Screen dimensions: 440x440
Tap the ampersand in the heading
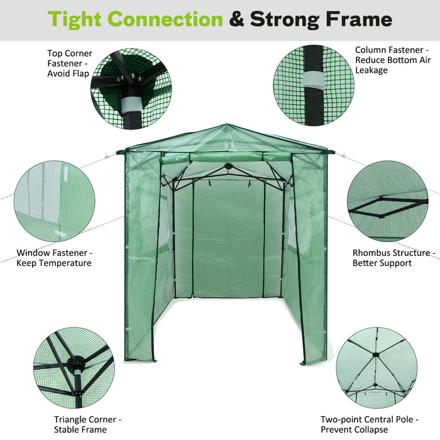pyautogui.click(x=236, y=19)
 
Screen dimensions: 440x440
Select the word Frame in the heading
pyautogui.click(x=358, y=19)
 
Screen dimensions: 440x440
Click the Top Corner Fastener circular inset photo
pyautogui.click(x=131, y=88)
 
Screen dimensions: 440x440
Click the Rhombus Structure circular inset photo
pyautogui.click(x=387, y=201)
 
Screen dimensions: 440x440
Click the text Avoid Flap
pyautogui.click(x=68, y=74)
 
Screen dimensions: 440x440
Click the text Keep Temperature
pyautogui.click(x=54, y=263)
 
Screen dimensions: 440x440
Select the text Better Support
pyautogui.click(x=382, y=263)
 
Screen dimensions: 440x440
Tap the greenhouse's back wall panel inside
pyautogui.click(x=228, y=239)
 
